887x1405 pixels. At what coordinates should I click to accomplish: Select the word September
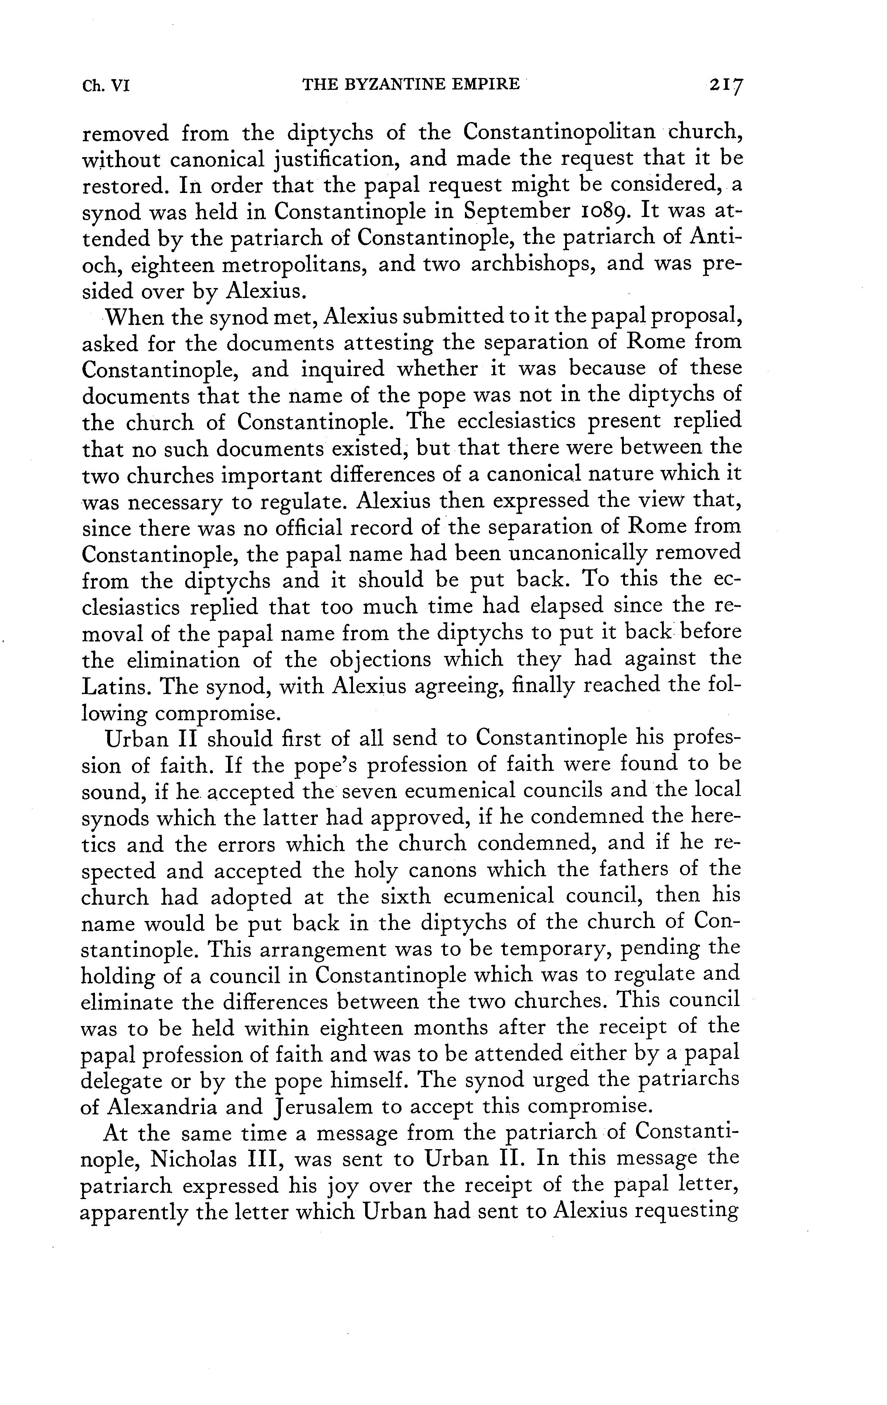(x=516, y=211)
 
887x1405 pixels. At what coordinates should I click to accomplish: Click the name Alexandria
(x=157, y=1107)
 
